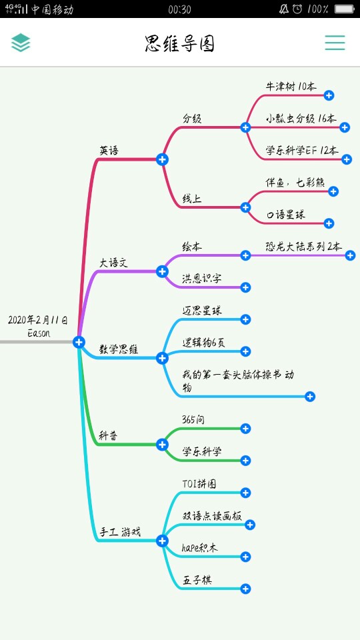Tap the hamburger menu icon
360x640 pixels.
(x=335, y=43)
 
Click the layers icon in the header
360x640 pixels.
(x=21, y=43)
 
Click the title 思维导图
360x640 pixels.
(x=179, y=44)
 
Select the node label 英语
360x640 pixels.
(x=109, y=151)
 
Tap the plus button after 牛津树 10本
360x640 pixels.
(x=329, y=95)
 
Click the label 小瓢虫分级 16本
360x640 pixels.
(x=301, y=119)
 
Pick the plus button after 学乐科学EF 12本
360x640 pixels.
(x=347, y=159)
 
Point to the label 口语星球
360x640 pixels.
(x=286, y=215)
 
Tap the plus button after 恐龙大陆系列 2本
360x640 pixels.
(x=350, y=255)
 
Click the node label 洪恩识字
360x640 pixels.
(x=201, y=279)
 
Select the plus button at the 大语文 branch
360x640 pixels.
(x=162, y=271)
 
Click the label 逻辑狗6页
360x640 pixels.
(x=203, y=343)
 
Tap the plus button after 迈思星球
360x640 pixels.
(x=245, y=319)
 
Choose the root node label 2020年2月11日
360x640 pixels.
(x=38, y=320)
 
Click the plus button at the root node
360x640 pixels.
(x=79, y=342)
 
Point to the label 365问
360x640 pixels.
(x=193, y=419)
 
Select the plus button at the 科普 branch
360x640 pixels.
(x=162, y=445)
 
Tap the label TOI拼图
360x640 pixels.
(x=199, y=484)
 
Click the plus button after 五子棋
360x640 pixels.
(x=245, y=589)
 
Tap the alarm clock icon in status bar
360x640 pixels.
(x=297, y=9)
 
